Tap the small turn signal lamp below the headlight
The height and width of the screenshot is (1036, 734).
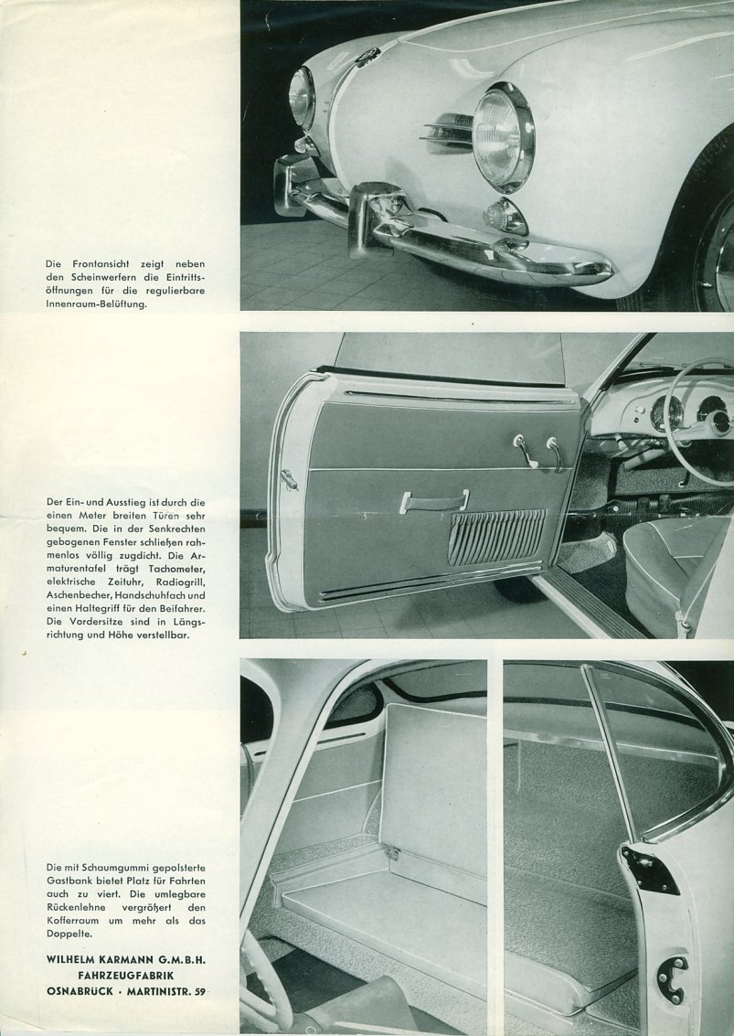click(505, 217)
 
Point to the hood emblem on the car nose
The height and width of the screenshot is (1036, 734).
click(367, 57)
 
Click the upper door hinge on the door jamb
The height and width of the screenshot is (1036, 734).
click(650, 868)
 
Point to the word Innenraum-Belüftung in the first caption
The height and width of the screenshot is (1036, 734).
click(97, 306)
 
